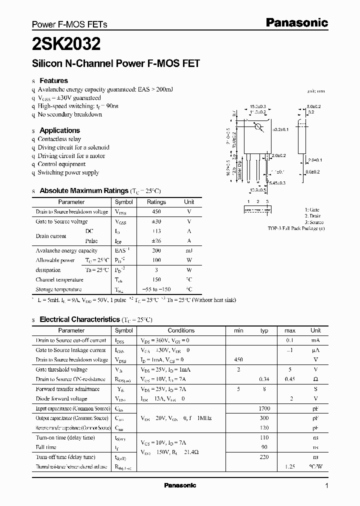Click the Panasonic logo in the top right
(x=296, y=22)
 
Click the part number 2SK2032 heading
(x=66, y=44)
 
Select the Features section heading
(x=53, y=80)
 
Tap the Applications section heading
(x=59, y=130)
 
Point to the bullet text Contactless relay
(x=59, y=139)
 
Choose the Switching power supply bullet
(x=68, y=172)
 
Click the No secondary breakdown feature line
(x=69, y=114)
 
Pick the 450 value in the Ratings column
(x=156, y=212)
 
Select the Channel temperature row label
(x=59, y=279)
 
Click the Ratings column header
(x=156, y=202)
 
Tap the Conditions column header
(x=181, y=330)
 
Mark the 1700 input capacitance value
(x=264, y=408)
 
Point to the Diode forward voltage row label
(x=61, y=398)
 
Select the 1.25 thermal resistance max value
(x=290, y=466)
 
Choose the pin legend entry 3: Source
(x=313, y=222)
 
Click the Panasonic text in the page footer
(x=180, y=485)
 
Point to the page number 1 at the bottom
(x=326, y=486)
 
